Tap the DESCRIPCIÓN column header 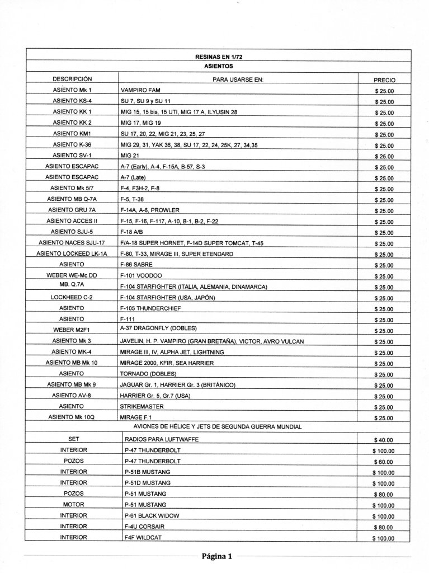coord(72,79)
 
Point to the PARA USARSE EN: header coord(238,79)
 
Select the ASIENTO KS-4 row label coord(72,101)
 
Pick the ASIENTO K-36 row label coord(72,144)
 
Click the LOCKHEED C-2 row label coord(72,297)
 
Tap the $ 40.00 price coord(384,440)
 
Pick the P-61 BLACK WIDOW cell coord(150,515)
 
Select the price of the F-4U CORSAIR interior coord(384,527)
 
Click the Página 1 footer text coord(216,556)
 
